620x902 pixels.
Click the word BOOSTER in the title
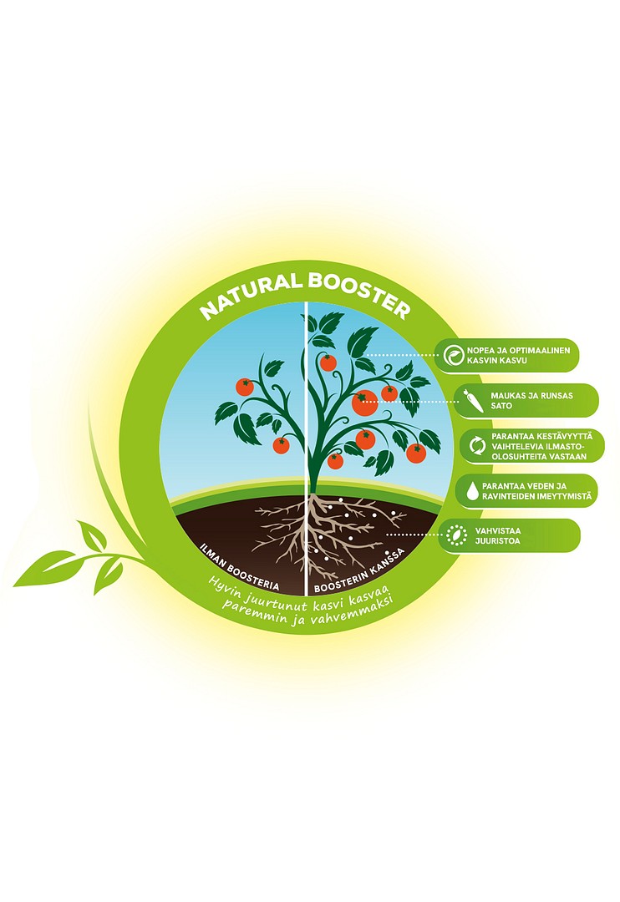[x=359, y=294]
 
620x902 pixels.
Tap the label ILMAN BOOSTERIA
[x=239, y=566]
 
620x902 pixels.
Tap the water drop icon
[x=472, y=491]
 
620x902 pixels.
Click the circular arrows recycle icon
[x=477, y=445]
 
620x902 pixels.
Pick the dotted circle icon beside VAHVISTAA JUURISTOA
[x=456, y=535]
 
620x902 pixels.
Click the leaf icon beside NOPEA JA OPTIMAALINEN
[x=455, y=356]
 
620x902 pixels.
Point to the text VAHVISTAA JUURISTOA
[x=497, y=535]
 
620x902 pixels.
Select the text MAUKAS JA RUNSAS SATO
[x=531, y=400]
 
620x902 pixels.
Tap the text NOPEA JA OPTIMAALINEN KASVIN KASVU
[x=518, y=356]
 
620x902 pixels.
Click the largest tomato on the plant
[x=365, y=402]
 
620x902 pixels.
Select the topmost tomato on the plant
[x=328, y=362]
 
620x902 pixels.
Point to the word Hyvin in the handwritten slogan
[x=226, y=586]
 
